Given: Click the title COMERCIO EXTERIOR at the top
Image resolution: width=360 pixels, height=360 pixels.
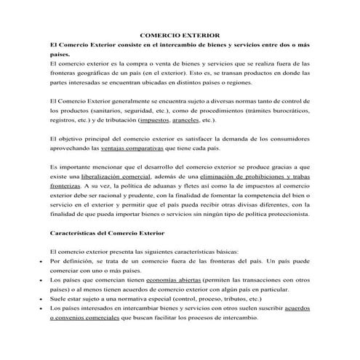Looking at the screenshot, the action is tap(180, 34).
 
